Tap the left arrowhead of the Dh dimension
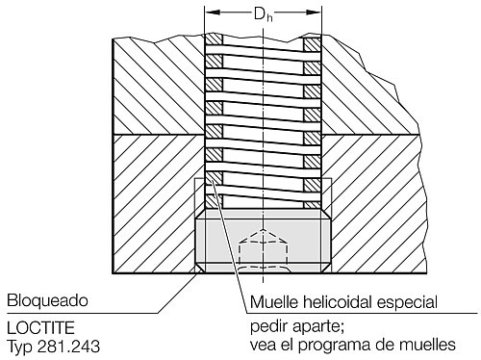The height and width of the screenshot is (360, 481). [211, 13]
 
